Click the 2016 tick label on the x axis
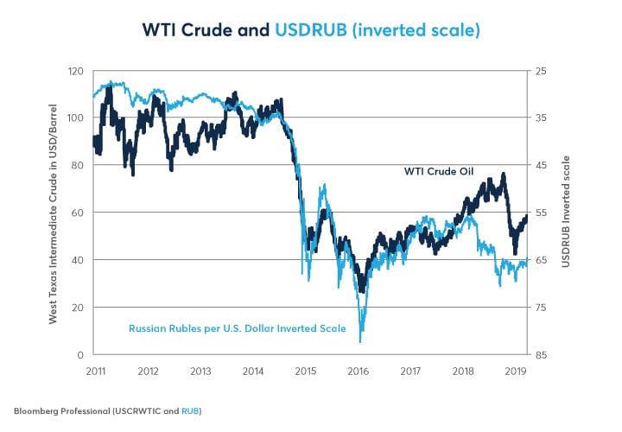pos(358,372)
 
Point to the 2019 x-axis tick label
pos(517,372)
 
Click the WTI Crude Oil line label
pos(441,171)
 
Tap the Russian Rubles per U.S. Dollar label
pos(237,328)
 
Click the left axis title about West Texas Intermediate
pos(53,213)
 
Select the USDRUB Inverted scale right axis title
pos(566,213)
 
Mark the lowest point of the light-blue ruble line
pos(359,342)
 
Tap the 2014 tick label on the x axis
pos(252,372)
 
